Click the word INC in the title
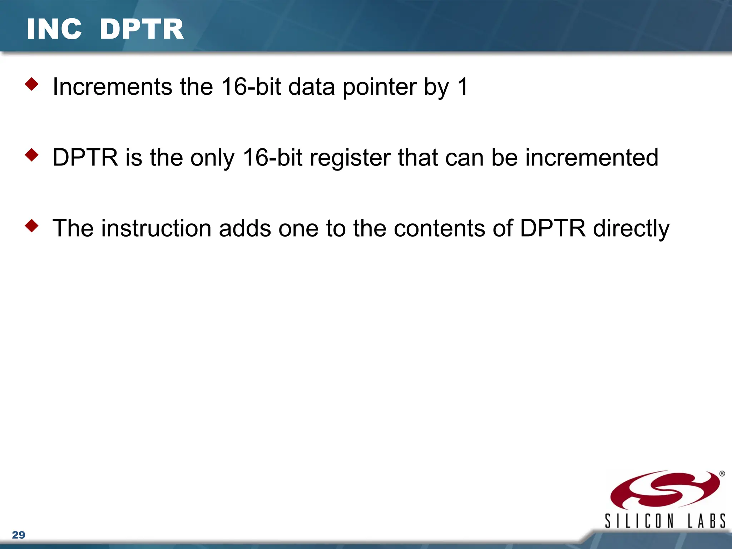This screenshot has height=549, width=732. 54,29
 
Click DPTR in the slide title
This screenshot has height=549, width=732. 142,29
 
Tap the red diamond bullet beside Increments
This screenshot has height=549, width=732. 32,84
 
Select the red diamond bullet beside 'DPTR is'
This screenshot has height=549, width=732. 32,155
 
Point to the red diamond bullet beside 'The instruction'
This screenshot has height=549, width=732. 32,226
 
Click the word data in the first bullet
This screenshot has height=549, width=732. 311,87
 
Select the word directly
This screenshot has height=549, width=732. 631,229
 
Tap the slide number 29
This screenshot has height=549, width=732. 19,535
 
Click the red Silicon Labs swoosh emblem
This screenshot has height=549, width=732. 664,490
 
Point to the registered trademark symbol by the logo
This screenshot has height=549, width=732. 722,474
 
